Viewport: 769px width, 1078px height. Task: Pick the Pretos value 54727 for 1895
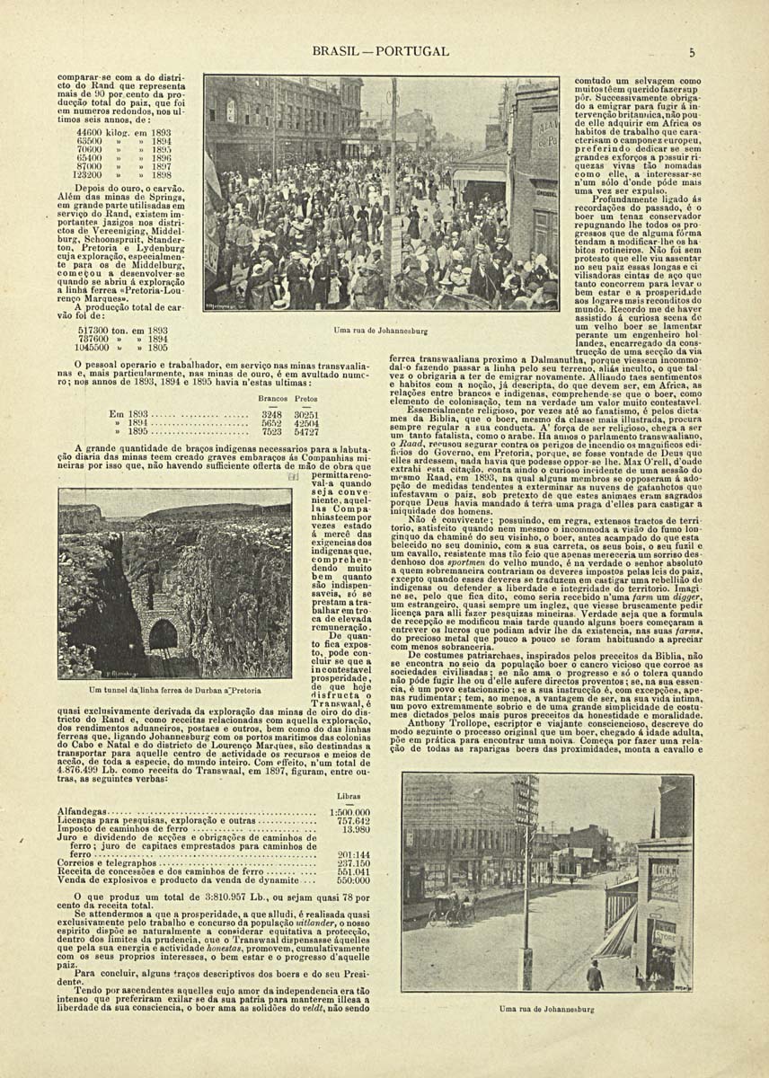click(x=306, y=431)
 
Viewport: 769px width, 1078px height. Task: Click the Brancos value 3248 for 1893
click(x=271, y=414)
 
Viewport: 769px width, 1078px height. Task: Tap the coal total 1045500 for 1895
click(x=95, y=347)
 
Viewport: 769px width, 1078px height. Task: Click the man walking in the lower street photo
click(x=594, y=973)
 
